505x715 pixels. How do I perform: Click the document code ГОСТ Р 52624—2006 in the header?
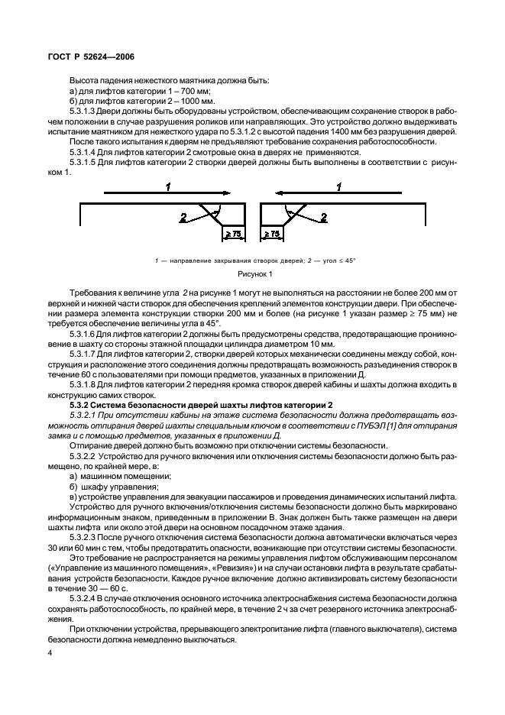86,56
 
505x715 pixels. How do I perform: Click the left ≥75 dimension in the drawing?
232,233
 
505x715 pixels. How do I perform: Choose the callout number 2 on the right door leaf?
324,218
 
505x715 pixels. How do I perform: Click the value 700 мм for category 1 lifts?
192,92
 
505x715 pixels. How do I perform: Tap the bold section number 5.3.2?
81,403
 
